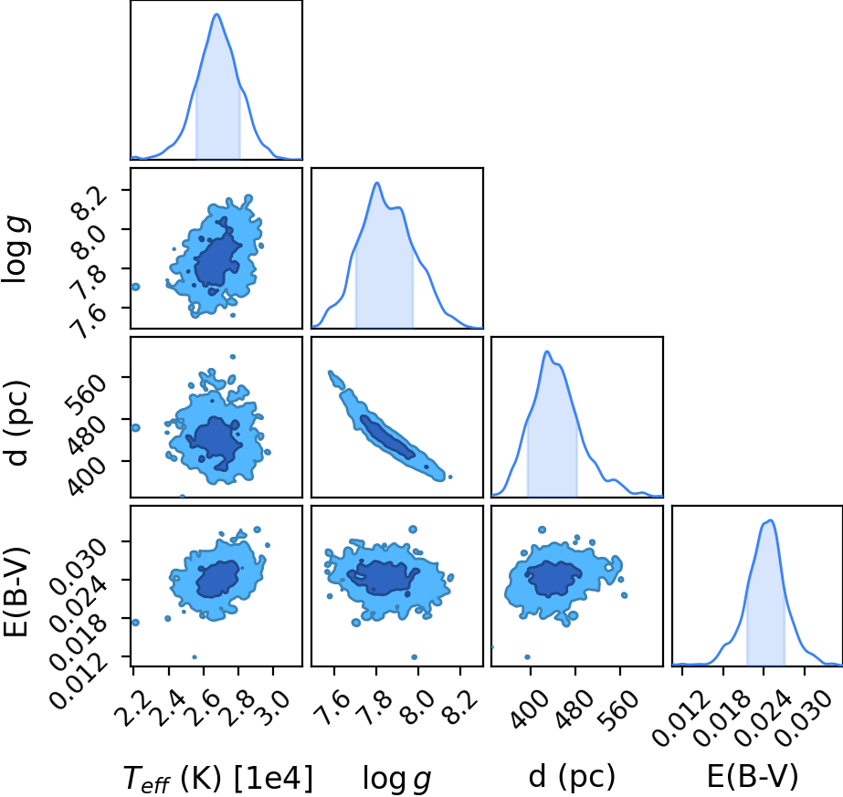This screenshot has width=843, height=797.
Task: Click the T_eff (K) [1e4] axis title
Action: click(x=217, y=778)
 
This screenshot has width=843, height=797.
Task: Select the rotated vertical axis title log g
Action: click(x=16, y=249)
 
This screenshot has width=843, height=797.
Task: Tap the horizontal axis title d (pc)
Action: click(x=572, y=778)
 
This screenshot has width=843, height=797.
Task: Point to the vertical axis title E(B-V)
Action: click(x=16, y=593)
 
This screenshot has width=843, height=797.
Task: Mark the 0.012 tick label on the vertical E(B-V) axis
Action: click(x=79, y=677)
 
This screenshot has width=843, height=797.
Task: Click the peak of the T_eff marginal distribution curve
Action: click(x=216, y=14)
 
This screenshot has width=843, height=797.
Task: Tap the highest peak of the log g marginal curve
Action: click(x=377, y=183)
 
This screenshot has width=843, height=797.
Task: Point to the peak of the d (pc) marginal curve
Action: click(x=547, y=351)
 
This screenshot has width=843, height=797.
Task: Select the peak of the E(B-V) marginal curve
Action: click(x=771, y=519)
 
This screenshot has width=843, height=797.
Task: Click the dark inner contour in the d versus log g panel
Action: click(x=387, y=437)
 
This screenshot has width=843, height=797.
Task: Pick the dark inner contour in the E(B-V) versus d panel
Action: click(x=553, y=578)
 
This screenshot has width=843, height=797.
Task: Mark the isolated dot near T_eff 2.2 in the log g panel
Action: click(x=135, y=287)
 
